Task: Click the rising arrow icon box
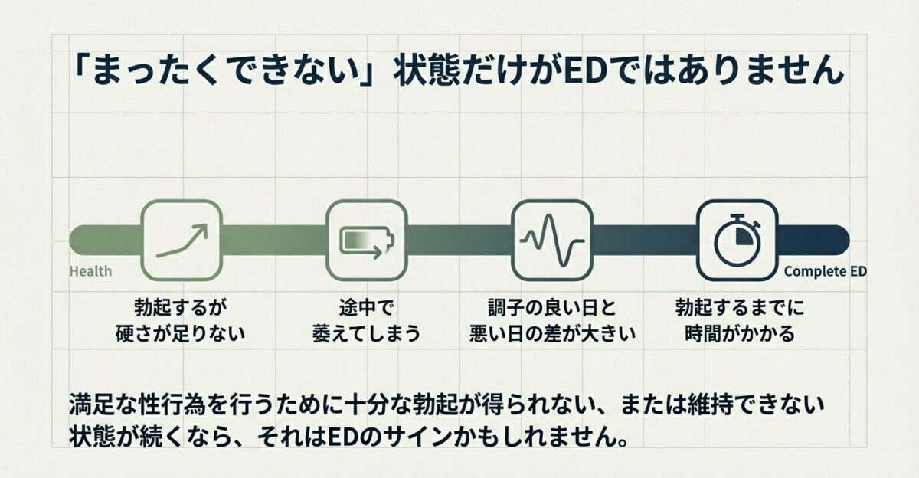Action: click(x=182, y=239)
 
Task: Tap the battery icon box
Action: click(x=366, y=239)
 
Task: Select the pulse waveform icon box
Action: click(x=550, y=239)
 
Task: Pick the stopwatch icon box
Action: click(x=736, y=239)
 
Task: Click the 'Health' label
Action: click(x=90, y=271)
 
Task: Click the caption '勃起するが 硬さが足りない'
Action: click(x=182, y=320)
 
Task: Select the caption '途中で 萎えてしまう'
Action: click(x=366, y=320)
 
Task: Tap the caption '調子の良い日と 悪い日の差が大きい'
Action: click(x=551, y=320)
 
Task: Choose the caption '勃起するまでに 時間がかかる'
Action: click(x=735, y=320)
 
